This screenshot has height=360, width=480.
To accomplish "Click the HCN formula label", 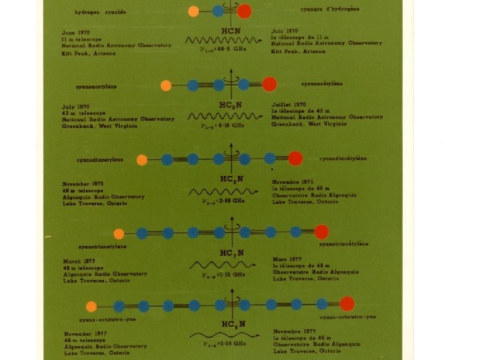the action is (x=231, y=31).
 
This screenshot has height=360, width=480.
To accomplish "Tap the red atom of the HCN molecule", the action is (x=245, y=11).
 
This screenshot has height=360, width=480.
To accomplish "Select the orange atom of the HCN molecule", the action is (x=193, y=11).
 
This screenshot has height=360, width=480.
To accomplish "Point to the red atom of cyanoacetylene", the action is (x=269, y=84).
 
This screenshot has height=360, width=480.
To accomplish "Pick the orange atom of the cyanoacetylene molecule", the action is (x=166, y=85).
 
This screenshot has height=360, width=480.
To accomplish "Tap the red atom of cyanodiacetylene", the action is (x=295, y=159).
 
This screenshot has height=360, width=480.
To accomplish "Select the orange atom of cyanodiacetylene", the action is (x=142, y=159).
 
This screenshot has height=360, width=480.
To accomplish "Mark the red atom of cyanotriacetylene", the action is (x=321, y=232).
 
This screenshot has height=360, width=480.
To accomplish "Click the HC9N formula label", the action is (x=231, y=325).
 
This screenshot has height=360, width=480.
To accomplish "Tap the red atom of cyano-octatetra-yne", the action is (x=347, y=305).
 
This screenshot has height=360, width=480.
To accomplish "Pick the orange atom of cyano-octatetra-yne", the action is (x=92, y=306).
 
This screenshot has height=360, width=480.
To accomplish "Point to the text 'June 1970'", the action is (x=77, y=32).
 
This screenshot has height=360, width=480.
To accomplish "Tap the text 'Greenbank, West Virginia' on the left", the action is (x=100, y=125).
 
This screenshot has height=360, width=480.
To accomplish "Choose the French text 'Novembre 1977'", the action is (x=293, y=331).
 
